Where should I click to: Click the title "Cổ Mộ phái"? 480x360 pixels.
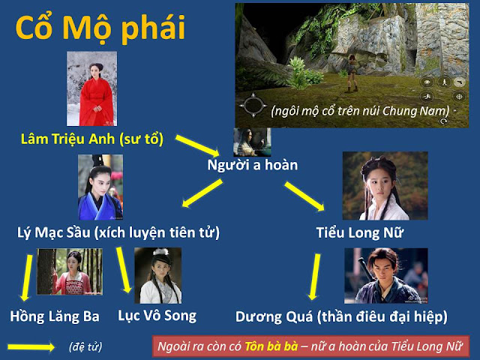(x=100, y=28)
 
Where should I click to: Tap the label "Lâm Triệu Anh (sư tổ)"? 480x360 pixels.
(x=91, y=139)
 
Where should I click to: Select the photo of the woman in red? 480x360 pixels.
(x=91, y=88)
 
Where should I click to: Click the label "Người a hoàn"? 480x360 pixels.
(x=253, y=165)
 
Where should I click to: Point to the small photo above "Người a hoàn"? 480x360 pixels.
(x=252, y=142)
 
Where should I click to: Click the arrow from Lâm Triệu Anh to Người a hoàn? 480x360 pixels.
(x=197, y=145)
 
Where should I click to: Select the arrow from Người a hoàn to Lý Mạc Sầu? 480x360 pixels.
(x=202, y=193)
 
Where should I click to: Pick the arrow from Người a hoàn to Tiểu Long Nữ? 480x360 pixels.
(x=304, y=196)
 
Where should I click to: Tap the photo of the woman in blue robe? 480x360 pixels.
(x=100, y=187)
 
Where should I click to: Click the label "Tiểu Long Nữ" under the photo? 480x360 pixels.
(x=360, y=232)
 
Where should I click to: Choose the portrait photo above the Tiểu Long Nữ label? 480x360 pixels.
(x=385, y=186)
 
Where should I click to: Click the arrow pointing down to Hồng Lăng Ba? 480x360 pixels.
(x=26, y=277)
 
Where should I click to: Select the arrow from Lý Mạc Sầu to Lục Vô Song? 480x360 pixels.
(x=124, y=270)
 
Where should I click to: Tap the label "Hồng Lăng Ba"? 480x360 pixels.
(x=55, y=316)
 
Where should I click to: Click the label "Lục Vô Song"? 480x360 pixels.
(x=157, y=316)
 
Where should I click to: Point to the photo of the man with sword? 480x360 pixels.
(x=386, y=276)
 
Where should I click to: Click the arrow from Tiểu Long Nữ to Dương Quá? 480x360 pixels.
(x=315, y=277)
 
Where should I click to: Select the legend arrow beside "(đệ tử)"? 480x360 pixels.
(x=31, y=347)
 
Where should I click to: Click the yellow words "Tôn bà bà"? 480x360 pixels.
(x=271, y=346)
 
